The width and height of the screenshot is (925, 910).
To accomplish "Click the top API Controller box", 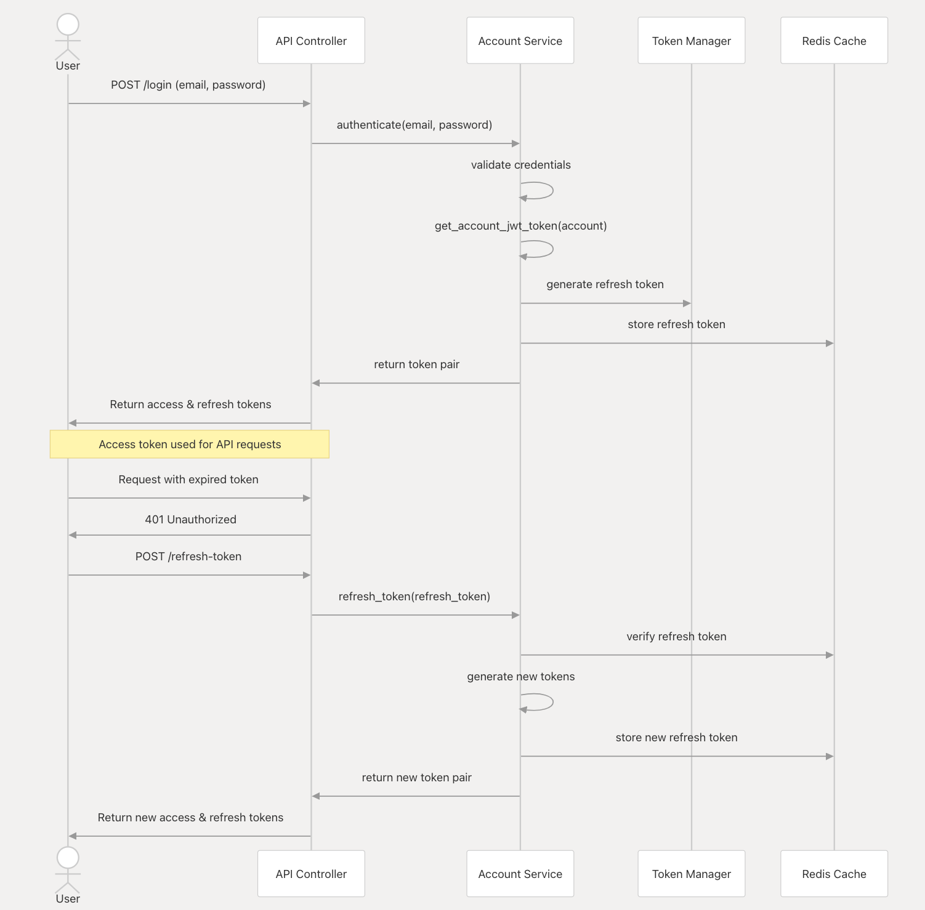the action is tap(311, 41).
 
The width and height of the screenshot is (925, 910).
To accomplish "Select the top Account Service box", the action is tap(520, 41).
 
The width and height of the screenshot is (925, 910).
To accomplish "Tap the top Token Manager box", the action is tap(692, 41).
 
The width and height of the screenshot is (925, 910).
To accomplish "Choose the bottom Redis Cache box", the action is tap(834, 874).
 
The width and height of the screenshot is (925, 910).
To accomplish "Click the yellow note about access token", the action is tap(190, 444).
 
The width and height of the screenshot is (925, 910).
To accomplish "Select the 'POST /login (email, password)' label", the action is tap(188, 85).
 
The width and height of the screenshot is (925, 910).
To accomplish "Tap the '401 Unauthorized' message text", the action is tap(191, 519).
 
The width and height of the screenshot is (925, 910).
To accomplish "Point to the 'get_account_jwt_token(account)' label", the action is tap(521, 226).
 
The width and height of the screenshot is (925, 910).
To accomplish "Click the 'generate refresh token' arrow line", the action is tap(606, 303).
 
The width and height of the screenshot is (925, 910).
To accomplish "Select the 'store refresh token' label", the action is tap(677, 324).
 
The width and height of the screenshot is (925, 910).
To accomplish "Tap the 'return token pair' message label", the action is tap(417, 364).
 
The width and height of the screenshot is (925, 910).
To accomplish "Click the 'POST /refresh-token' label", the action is tap(188, 557).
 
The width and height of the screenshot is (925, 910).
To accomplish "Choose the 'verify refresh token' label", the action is tap(677, 637).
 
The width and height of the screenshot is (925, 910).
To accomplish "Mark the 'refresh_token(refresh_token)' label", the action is tap(414, 597).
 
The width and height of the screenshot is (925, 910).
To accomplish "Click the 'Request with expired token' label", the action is tap(188, 480).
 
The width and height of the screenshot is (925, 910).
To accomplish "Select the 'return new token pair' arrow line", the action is tap(416, 796).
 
